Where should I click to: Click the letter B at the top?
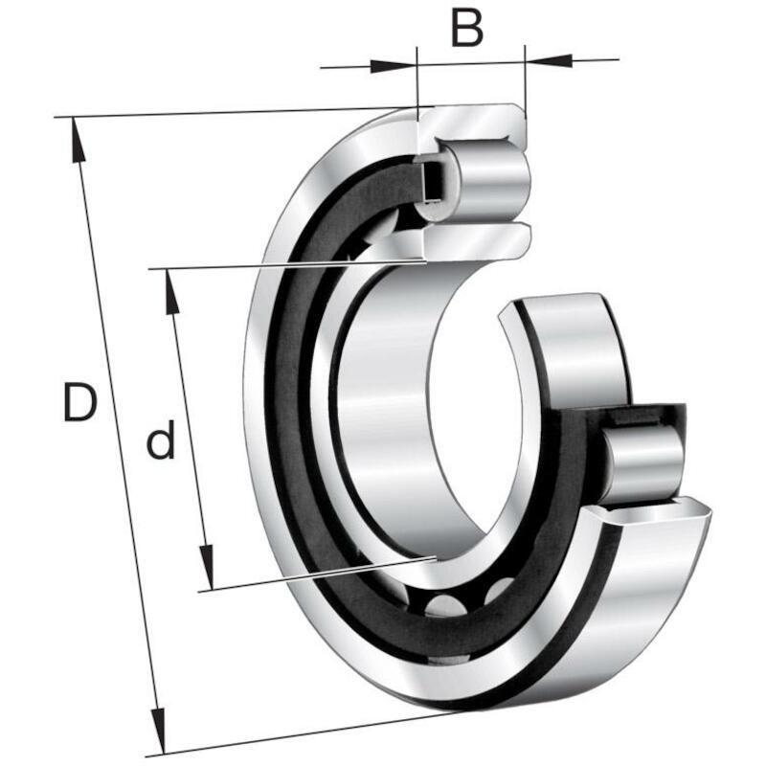click(x=467, y=28)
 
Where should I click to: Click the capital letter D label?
click(x=80, y=402)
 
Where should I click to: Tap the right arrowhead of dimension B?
click(x=548, y=60)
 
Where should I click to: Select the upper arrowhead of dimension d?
click(x=171, y=291)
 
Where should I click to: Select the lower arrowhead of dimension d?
click(x=207, y=567)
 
